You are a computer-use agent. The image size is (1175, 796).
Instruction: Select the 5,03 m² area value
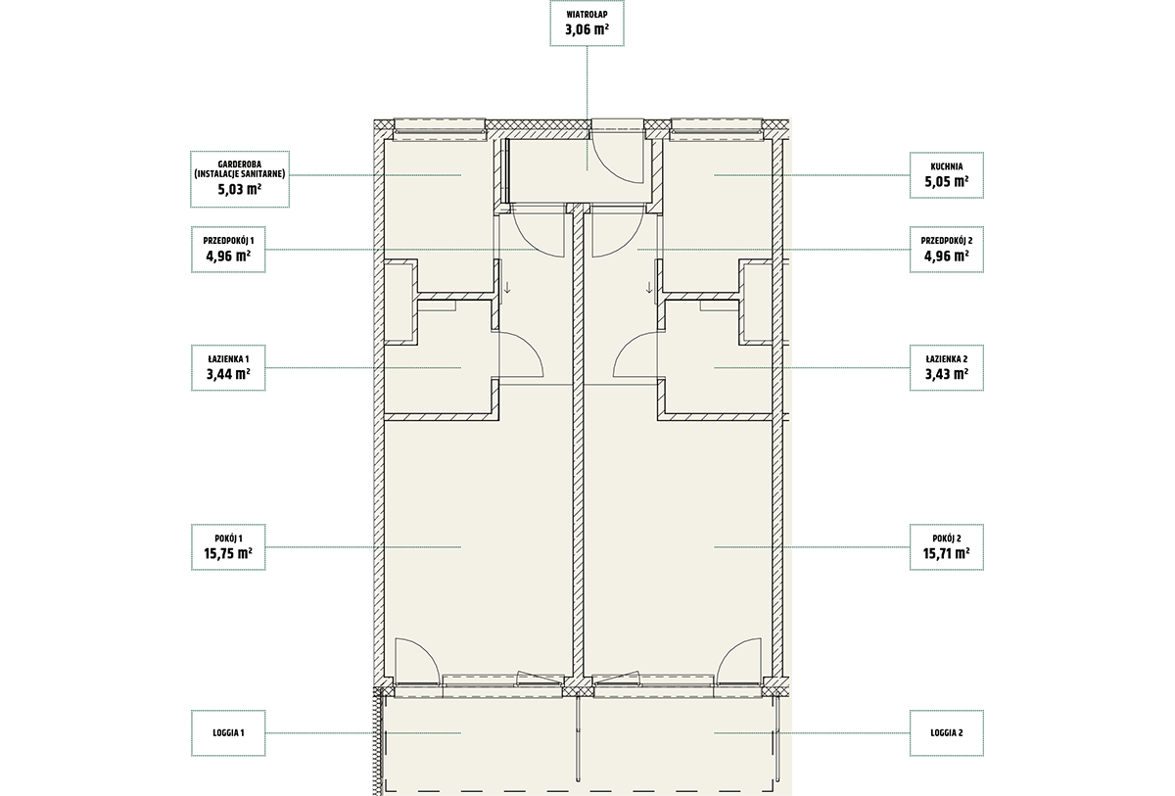click(x=240, y=189)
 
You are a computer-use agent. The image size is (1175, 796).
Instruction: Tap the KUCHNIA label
click(x=946, y=166)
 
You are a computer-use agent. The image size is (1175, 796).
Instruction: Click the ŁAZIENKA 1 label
click(x=228, y=359)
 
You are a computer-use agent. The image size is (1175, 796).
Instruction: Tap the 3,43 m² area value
click(x=946, y=373)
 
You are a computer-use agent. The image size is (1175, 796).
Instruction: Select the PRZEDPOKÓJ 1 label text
click(x=228, y=241)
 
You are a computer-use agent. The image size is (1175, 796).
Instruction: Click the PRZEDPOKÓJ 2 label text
click(x=946, y=241)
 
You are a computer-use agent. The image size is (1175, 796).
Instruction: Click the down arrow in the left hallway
click(x=507, y=287)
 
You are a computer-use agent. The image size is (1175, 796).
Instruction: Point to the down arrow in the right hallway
click(x=649, y=287)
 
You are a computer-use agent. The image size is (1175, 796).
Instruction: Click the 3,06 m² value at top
click(x=587, y=29)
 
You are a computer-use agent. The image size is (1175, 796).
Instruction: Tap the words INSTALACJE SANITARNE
click(x=240, y=174)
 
